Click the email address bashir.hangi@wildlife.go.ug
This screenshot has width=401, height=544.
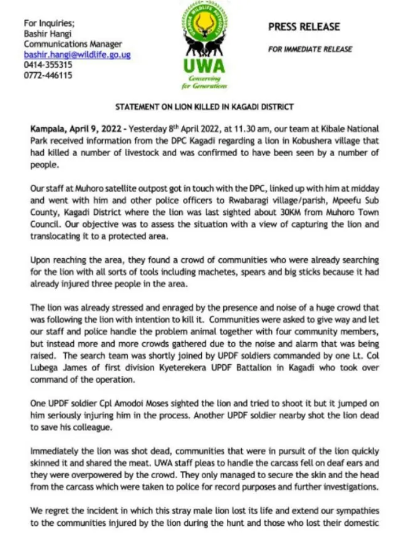[77, 55]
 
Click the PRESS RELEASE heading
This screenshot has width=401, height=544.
[304, 27]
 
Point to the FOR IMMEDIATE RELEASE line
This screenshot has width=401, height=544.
[310, 49]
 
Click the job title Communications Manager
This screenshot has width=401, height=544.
[73, 44]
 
